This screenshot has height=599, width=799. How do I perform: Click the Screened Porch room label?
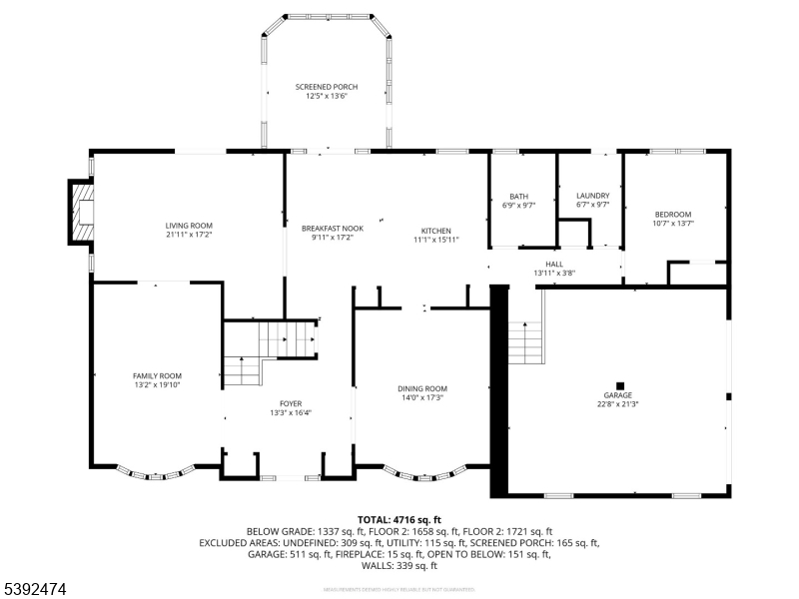pyautogui.click(x=326, y=88)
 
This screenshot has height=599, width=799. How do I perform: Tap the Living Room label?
pyautogui.click(x=189, y=226)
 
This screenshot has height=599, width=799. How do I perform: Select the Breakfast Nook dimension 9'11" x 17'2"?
pyautogui.click(x=333, y=238)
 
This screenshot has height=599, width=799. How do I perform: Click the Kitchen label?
pyautogui.click(x=435, y=230)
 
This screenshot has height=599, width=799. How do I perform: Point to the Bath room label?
pyautogui.click(x=518, y=196)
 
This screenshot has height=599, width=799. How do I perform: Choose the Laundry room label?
pyautogui.click(x=592, y=196)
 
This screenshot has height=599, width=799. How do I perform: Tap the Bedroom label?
pyautogui.click(x=672, y=214)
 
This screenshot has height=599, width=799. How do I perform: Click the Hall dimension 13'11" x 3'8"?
pyautogui.click(x=554, y=273)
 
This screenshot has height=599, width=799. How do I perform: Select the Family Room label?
pyautogui.click(x=156, y=375)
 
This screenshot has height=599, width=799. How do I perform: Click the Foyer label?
pyautogui.click(x=291, y=403)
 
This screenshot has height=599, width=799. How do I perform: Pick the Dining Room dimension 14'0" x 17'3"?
pyautogui.click(x=421, y=397)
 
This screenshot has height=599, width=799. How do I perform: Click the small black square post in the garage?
pyautogui.click(x=619, y=385)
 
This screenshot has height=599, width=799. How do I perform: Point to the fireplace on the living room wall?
pyautogui.click(x=81, y=212)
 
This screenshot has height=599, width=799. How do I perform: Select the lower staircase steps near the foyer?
pyautogui.click(x=241, y=370)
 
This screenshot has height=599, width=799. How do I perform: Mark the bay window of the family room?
pyautogui.click(x=156, y=473)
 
